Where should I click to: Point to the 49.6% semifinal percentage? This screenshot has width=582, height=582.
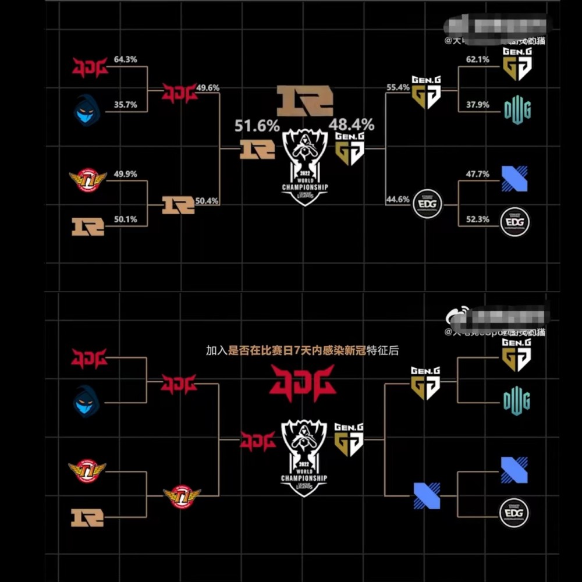click(208, 88)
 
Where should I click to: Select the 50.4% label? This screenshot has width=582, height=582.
click(208, 201)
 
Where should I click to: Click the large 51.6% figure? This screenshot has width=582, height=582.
click(257, 126)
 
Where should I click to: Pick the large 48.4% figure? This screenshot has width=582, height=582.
click(352, 125)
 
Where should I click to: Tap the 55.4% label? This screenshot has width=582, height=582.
click(398, 88)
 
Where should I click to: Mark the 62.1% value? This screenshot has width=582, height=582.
click(478, 60)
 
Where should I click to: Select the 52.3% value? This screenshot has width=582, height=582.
click(478, 220)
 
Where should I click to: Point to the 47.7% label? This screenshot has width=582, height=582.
click(478, 174)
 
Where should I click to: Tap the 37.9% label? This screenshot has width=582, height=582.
click(478, 105)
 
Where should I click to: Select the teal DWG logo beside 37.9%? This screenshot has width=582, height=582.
click(517, 109)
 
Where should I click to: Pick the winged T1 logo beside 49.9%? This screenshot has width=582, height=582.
click(88, 179)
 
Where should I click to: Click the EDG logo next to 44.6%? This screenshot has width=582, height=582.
click(427, 204)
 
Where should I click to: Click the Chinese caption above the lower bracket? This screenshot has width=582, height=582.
click(301, 351)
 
